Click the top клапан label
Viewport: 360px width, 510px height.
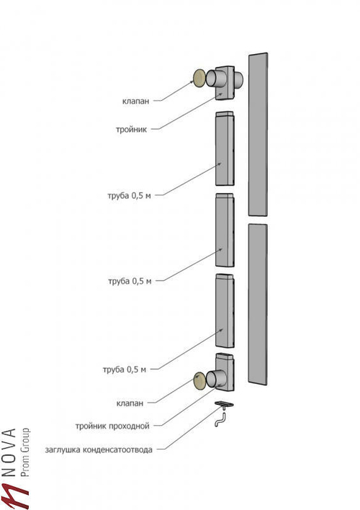(x=135, y=101)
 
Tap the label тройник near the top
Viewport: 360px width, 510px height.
(x=131, y=130)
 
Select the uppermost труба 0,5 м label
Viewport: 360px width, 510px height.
(x=129, y=196)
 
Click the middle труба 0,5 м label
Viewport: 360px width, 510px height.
(x=130, y=281)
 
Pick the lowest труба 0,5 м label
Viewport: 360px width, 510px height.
(x=125, y=370)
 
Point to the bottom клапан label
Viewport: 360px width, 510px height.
(x=130, y=403)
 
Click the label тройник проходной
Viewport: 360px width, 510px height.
(x=112, y=426)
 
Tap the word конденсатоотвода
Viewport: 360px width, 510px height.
(x=118, y=449)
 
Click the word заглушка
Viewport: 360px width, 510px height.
(x=63, y=449)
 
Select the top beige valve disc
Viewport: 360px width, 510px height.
(x=199, y=79)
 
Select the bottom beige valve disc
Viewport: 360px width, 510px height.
(x=199, y=381)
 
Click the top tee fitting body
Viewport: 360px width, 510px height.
(x=225, y=83)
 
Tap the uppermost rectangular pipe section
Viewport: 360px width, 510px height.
(x=225, y=148)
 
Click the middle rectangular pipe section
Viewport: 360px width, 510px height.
(x=225, y=231)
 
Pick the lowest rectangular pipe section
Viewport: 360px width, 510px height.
(x=225, y=310)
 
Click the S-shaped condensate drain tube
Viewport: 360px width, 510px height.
(x=220, y=419)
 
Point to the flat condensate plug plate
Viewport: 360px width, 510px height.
(x=224, y=404)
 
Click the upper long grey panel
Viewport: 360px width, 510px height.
(x=258, y=134)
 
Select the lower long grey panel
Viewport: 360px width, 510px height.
(x=258, y=305)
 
